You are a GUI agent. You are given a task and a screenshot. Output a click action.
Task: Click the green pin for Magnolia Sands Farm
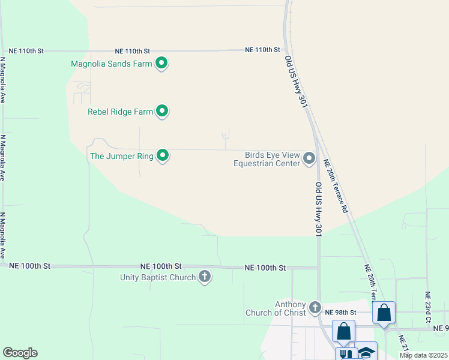(x=161, y=62)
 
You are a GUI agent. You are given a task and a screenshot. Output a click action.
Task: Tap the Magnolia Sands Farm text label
(x=111, y=63)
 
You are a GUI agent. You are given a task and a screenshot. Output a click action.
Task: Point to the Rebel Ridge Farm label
(x=119, y=112)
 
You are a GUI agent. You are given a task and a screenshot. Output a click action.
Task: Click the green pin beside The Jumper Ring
(x=163, y=156)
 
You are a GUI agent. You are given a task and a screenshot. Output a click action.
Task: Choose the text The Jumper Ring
(x=121, y=156)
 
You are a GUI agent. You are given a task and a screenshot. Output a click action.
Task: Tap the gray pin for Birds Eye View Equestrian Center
(x=309, y=158)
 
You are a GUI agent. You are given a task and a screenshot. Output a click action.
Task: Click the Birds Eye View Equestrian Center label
(x=266, y=159)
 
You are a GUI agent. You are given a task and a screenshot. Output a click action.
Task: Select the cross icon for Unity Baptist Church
(x=205, y=277)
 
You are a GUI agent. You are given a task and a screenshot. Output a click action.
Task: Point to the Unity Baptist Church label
(x=158, y=277)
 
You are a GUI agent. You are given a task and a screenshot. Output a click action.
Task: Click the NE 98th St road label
(x=340, y=313)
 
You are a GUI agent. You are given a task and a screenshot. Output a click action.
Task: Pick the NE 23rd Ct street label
(x=427, y=307)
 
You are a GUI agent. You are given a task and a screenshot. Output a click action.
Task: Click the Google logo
(x=20, y=353)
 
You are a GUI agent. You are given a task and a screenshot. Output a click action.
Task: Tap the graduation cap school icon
(x=366, y=352)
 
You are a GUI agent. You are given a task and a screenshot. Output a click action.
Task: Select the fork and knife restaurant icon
(x=346, y=354)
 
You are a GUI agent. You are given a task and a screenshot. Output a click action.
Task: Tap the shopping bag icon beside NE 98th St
(x=384, y=313)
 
